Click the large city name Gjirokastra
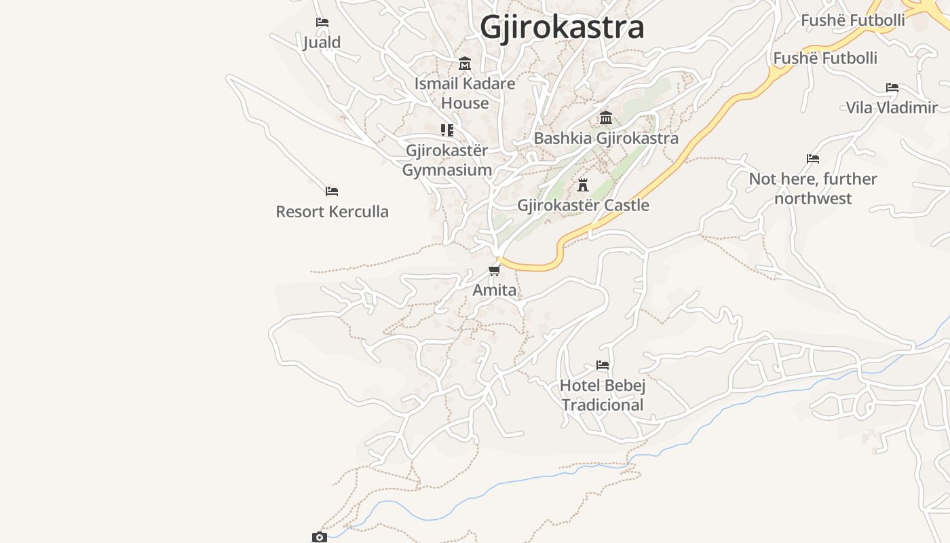point(562,27)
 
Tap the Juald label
point(322,42)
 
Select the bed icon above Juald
point(322,22)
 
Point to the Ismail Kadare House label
point(465,93)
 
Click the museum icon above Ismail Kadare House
point(465,64)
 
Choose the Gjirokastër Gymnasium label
point(447,160)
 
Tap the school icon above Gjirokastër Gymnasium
point(447,130)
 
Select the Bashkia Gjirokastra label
point(606,138)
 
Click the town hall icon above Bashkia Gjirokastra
point(606,118)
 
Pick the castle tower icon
point(583,185)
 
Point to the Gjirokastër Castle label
point(583,205)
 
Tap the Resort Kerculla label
point(332,212)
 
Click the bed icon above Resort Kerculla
point(332,191)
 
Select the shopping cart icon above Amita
point(495,271)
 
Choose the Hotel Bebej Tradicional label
point(603,395)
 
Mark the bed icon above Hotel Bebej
point(603,365)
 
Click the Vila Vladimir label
point(892,107)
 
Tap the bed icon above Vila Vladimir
point(892,88)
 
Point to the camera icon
point(320,537)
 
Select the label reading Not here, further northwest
point(813,189)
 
